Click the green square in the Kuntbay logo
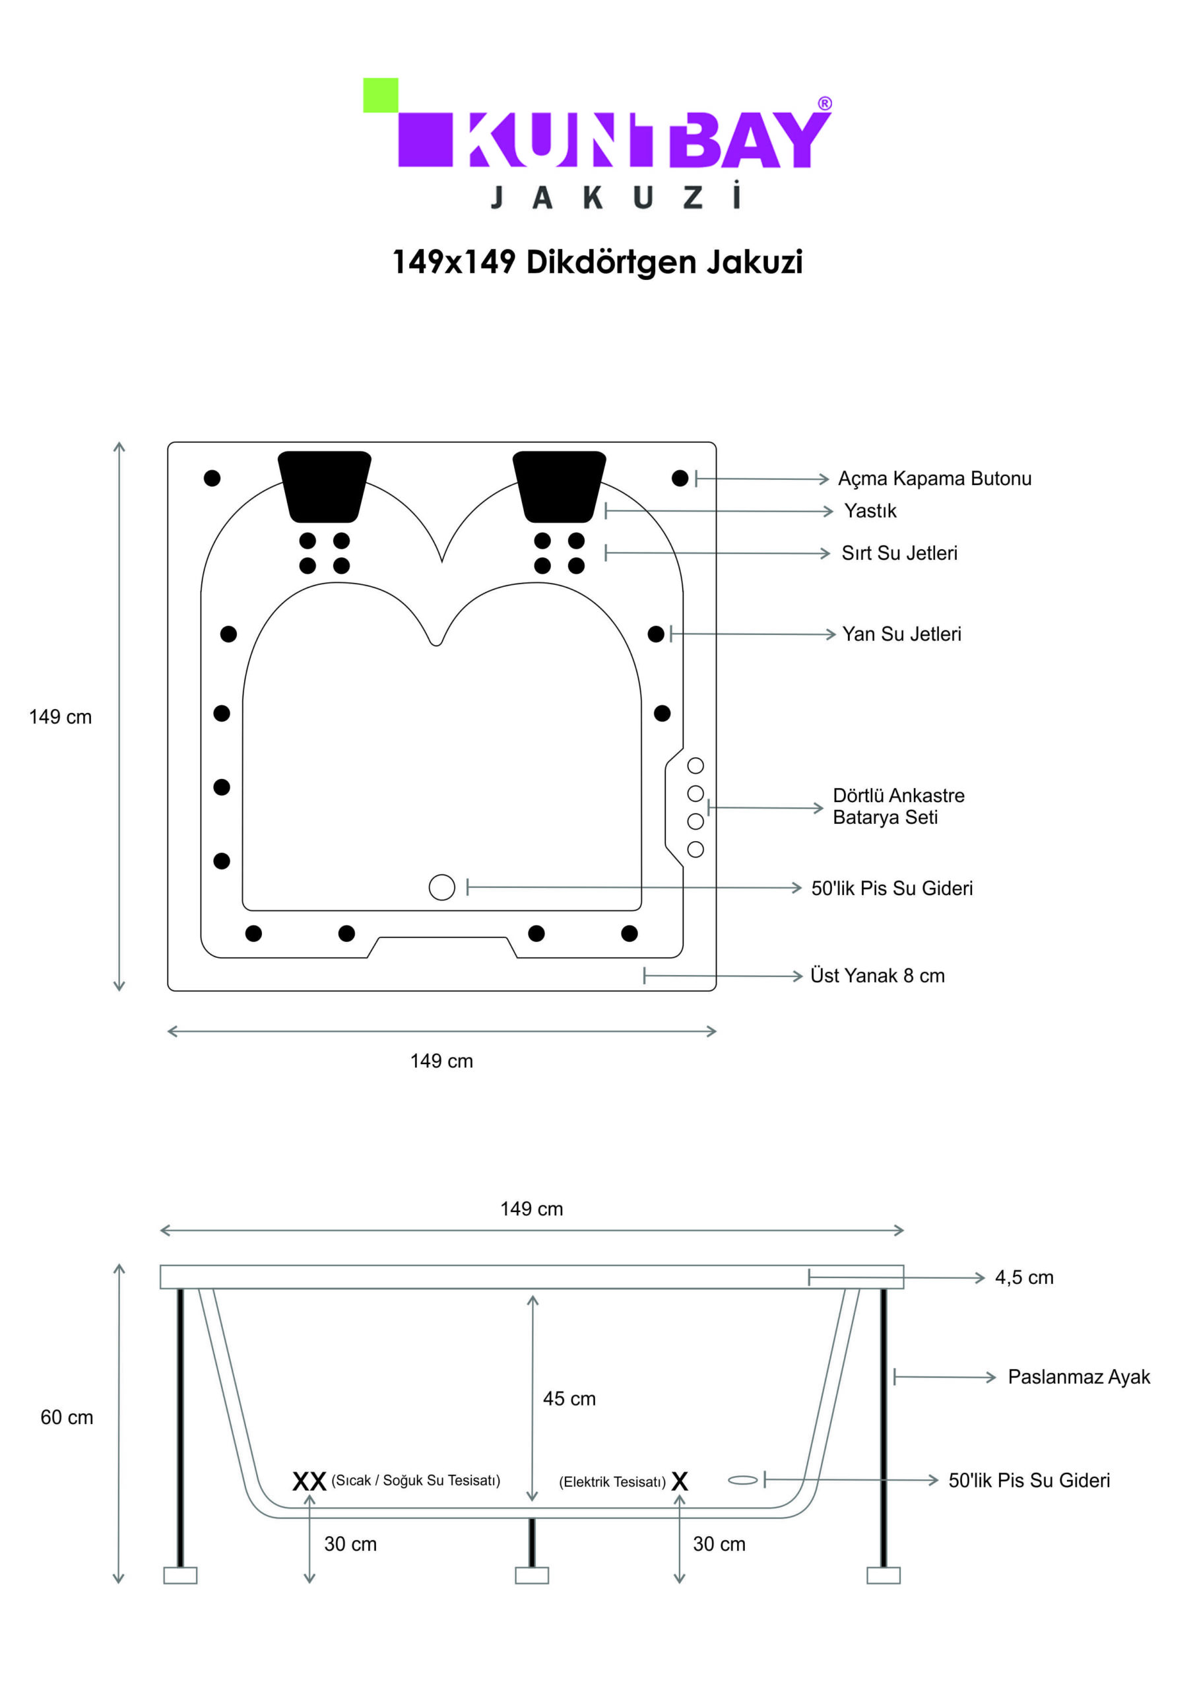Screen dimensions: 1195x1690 (381, 95)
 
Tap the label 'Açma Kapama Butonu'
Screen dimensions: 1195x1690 (934, 479)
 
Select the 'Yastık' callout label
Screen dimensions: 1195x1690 (870, 511)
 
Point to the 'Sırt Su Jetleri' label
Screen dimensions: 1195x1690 (899, 553)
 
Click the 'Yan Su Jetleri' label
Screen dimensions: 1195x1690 (901, 634)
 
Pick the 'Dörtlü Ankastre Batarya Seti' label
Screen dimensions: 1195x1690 (899, 806)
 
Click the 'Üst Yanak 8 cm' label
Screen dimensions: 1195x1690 (877, 975)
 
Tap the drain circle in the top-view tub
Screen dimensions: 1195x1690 (441, 887)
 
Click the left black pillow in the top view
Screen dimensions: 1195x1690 (325, 487)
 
